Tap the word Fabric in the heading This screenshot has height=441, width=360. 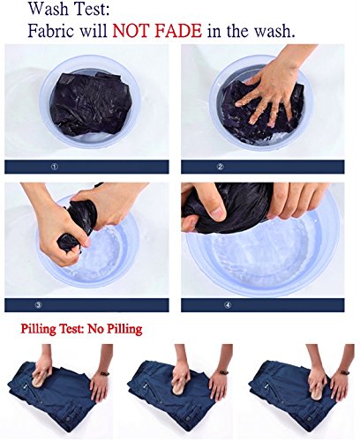point(50,31)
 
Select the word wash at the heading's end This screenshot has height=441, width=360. point(275,31)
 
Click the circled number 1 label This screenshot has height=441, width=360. point(55,167)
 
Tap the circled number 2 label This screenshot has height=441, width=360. point(221,167)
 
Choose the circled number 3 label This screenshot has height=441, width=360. point(39,305)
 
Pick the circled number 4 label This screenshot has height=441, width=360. point(228,305)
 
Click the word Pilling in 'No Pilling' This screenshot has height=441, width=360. point(124,329)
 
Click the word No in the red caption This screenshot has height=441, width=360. point(95,328)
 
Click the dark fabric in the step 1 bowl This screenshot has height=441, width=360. point(90,103)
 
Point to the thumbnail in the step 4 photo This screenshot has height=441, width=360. point(219,213)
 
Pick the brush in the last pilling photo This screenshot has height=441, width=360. point(317,392)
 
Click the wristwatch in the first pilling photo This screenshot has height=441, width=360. point(103,373)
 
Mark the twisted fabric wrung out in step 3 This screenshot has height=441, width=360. point(77,224)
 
